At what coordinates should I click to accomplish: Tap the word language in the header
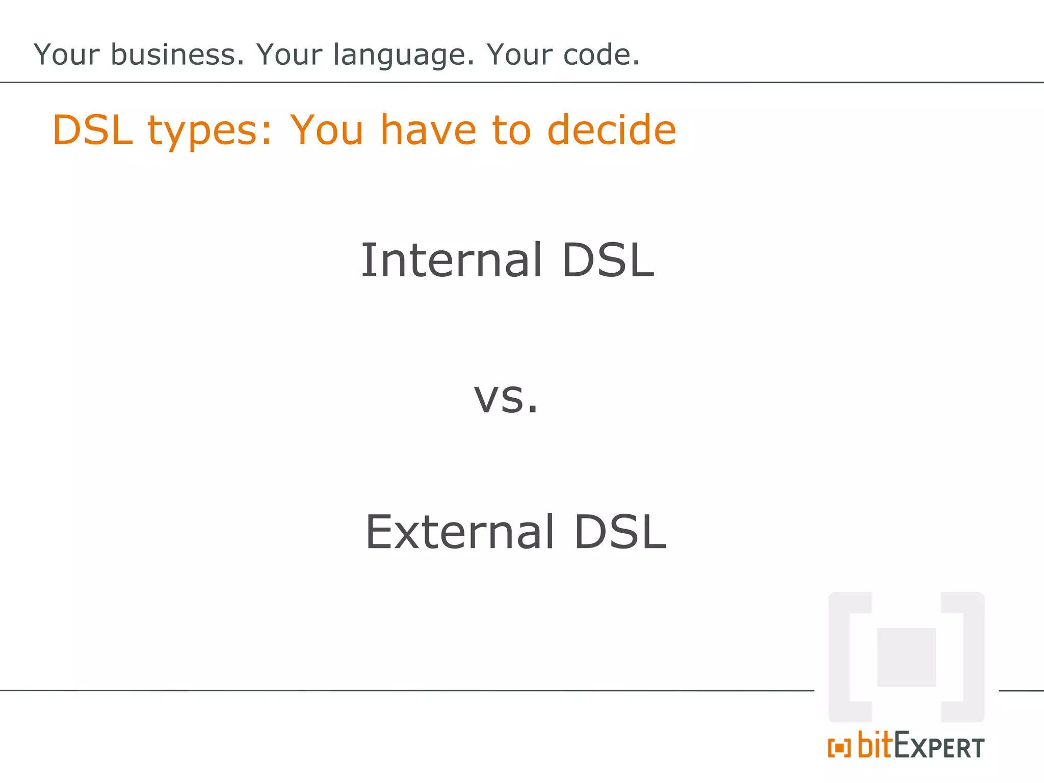tap(403, 56)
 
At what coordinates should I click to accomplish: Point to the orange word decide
tap(611, 130)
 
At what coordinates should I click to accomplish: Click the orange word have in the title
tap(428, 130)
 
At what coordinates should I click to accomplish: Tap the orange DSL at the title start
tap(92, 130)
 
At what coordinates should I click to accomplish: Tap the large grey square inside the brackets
tap(906, 657)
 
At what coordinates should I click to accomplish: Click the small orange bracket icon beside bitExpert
tap(839, 748)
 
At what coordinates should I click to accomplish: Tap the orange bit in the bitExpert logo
tap(875, 745)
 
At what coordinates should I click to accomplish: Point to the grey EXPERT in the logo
tap(939, 747)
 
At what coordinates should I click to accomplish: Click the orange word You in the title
tap(326, 130)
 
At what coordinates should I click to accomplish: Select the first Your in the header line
tap(66, 55)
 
